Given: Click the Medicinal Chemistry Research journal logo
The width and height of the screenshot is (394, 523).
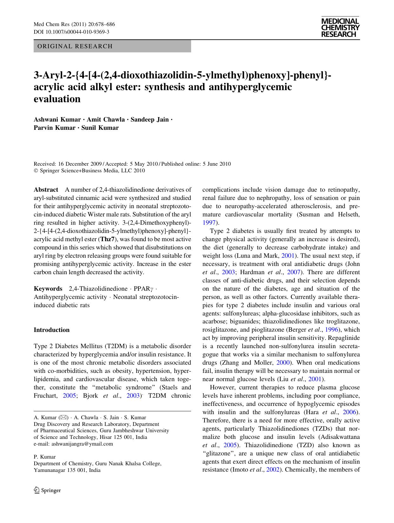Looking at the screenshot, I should tap(340, 28).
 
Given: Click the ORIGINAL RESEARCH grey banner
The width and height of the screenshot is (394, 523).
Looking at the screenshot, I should tap(112, 46).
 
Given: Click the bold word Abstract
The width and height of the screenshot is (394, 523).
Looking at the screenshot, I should tap(46, 190).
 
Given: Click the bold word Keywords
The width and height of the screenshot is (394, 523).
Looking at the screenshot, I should tap(48, 289).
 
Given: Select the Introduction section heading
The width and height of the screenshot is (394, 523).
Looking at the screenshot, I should tap(51, 330).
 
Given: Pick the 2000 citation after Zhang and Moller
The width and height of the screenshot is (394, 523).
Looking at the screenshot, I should tap(283, 363).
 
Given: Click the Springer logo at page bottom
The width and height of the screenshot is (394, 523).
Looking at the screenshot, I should tap(47, 490).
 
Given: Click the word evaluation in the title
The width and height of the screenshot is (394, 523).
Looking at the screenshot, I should tap(57, 99).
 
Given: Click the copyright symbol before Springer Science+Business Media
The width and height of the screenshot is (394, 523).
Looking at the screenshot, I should tap(36, 171).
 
